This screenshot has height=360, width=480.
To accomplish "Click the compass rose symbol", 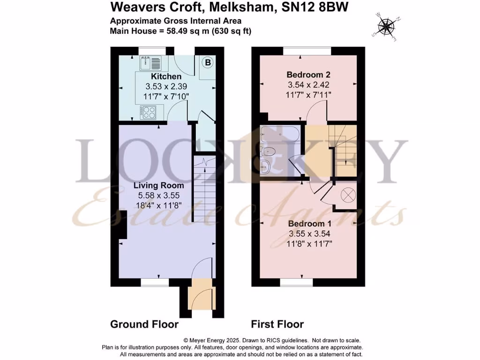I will (x=386, y=26).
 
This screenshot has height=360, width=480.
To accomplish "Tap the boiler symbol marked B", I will (x=208, y=62).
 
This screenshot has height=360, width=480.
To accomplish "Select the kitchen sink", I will (x=150, y=61).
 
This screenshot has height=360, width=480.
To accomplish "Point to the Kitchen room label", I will (x=166, y=76).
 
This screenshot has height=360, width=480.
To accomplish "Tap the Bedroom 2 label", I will (x=306, y=75).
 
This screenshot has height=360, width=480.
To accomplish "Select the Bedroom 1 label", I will (x=307, y=223).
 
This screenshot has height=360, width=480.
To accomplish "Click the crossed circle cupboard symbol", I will (x=348, y=194).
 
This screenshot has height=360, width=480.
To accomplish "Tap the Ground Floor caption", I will (x=144, y=324).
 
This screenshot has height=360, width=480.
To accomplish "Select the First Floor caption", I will (x=277, y=324).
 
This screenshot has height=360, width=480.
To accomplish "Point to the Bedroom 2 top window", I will (x=306, y=49).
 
